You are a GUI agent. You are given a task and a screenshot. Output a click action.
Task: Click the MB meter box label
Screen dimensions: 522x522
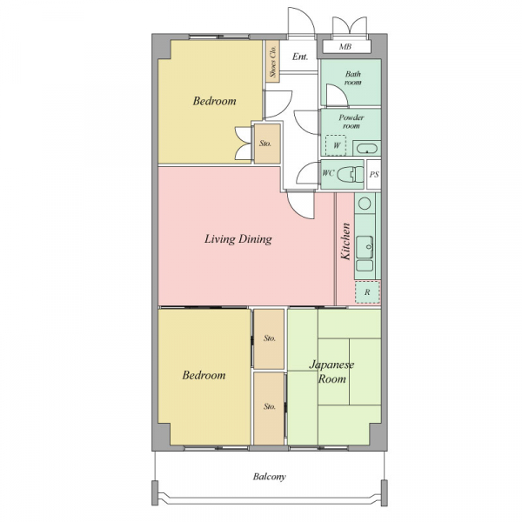tap(345, 47)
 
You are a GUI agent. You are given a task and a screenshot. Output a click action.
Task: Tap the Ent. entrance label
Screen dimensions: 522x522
tap(299, 57)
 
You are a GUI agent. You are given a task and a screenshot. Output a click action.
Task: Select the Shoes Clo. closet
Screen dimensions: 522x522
tap(272, 61)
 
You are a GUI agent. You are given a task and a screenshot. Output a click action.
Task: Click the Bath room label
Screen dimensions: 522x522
tap(353, 78)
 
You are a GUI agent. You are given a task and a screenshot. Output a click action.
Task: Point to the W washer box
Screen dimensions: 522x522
tap(336, 145)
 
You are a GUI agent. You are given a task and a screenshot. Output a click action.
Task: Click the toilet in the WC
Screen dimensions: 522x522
tap(351, 174)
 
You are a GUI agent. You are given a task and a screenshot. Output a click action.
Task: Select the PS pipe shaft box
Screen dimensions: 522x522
tap(374, 175)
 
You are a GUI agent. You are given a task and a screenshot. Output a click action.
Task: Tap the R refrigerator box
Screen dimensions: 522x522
tap(367, 292)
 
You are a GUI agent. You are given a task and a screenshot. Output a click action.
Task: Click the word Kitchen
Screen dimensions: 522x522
tap(345, 241)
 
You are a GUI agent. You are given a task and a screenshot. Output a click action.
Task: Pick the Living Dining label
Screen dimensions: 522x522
tap(238, 239)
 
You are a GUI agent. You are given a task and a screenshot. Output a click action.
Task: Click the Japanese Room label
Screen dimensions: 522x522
tap(331, 371)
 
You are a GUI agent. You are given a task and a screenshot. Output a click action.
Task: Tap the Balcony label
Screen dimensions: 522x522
tap(270, 477)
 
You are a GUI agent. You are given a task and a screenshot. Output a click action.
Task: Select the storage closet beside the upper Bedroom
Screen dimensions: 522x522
tap(267, 144)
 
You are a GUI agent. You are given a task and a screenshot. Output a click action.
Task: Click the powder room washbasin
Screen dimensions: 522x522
tap(366, 148)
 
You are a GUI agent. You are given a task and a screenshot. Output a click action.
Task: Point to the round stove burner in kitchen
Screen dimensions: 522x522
tap(365, 203)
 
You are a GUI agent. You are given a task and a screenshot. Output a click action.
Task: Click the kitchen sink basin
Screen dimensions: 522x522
tap(365, 247)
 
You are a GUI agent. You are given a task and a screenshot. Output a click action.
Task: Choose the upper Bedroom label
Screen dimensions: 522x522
tap(214, 101)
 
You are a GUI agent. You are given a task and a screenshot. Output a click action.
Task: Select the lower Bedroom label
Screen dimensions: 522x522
tap(204, 375)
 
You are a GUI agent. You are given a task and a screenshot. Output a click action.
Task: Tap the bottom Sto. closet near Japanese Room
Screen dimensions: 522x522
tap(269, 408)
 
